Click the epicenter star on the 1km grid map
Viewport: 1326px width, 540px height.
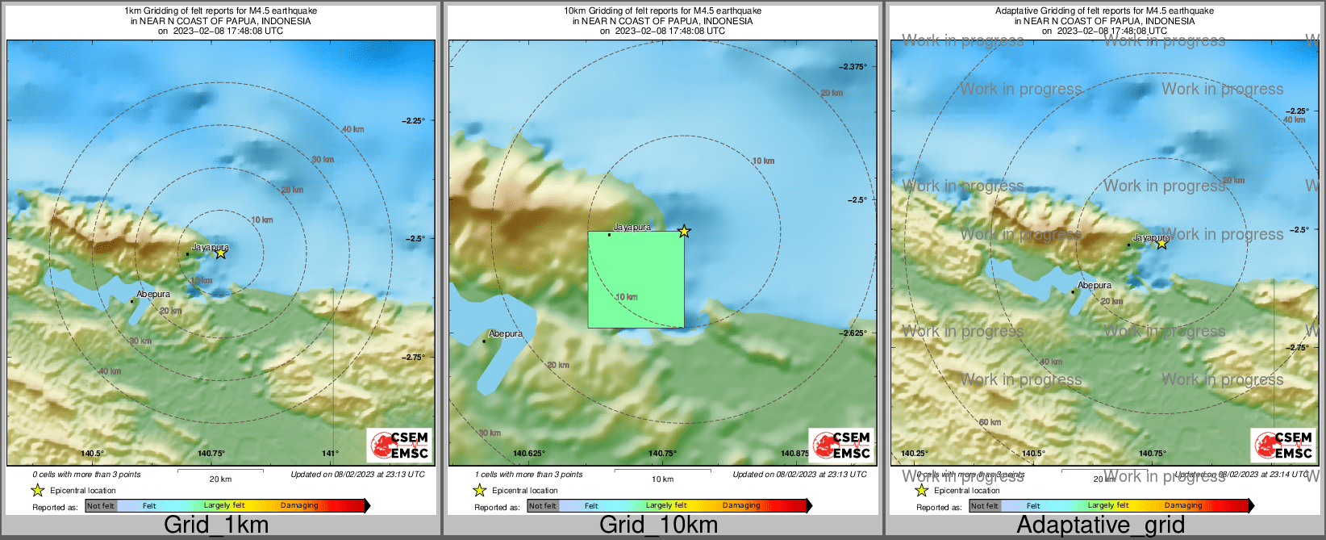coord(220,253)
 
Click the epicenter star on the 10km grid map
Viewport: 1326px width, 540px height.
coord(684,232)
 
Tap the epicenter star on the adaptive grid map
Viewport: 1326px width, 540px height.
coord(1161,243)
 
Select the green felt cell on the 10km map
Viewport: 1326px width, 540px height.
coord(636,279)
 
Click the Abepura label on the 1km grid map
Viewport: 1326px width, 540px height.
coord(153,295)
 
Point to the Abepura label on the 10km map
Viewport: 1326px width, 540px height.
coord(506,333)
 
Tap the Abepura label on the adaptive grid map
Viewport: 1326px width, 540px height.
coord(1095,285)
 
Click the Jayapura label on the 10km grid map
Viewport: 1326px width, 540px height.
coord(632,228)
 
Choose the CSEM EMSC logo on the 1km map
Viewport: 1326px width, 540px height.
coord(400,445)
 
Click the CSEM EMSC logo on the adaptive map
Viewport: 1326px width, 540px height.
coord(1283,445)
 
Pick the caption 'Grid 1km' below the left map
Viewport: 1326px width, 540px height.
coord(216,525)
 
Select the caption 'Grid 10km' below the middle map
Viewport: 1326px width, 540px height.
coord(658,525)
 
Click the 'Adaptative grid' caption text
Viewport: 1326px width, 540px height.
coord(1100,525)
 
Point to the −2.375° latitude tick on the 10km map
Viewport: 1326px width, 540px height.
coord(853,67)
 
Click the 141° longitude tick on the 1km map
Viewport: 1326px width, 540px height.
coord(331,454)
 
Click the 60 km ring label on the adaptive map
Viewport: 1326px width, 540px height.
coord(990,422)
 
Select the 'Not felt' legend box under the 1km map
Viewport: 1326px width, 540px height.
coord(101,506)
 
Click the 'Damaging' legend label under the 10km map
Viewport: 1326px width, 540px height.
coord(741,506)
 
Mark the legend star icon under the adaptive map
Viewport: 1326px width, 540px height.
coord(921,490)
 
